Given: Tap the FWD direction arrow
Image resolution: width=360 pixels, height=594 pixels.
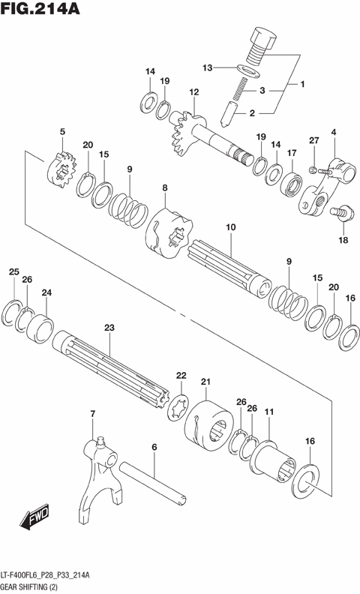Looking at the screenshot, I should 35,518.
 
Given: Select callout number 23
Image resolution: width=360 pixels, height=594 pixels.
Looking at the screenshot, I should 109,328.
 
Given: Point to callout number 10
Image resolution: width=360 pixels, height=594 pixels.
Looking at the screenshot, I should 229,225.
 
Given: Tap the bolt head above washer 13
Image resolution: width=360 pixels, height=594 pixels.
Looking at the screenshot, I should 262,37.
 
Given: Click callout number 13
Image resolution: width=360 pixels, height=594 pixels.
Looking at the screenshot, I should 208,67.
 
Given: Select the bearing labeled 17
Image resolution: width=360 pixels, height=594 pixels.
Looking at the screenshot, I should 291,182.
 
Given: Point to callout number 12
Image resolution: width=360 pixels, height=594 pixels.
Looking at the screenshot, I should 193,92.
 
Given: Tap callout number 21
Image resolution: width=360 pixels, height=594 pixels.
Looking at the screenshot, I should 205,382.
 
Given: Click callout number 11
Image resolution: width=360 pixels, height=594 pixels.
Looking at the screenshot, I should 268,411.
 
